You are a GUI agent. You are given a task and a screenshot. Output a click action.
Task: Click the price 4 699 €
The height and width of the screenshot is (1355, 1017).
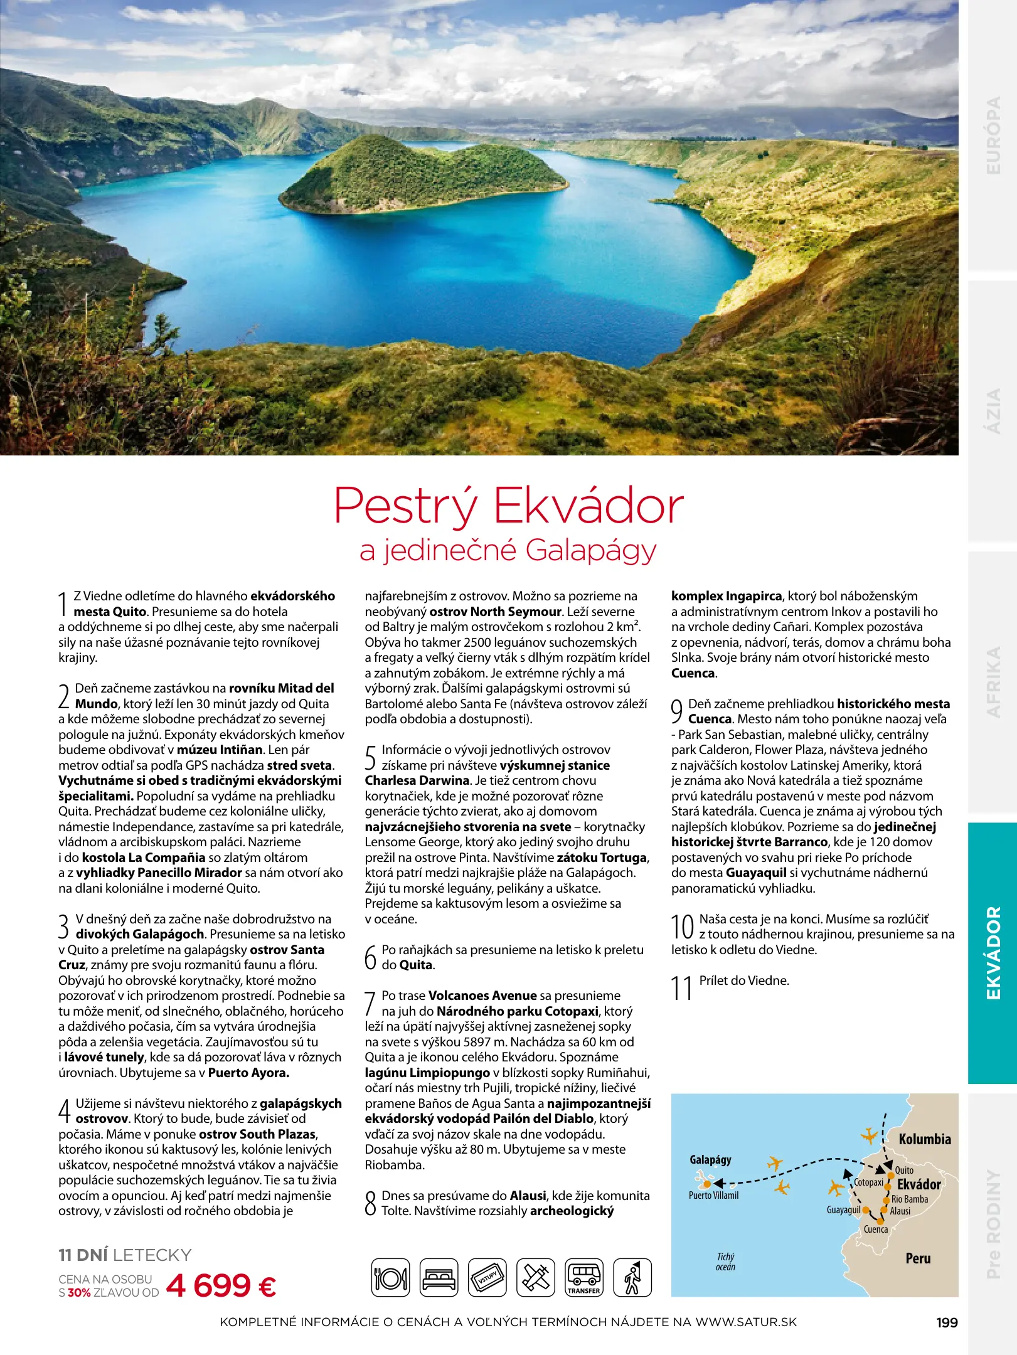click(x=221, y=1285)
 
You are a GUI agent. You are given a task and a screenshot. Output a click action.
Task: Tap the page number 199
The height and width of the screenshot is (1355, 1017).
click(x=947, y=1322)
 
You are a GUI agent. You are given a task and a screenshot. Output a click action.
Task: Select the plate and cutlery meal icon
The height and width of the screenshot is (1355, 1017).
click(x=390, y=1278)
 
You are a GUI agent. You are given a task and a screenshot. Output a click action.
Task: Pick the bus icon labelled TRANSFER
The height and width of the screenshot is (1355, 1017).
click(x=583, y=1278)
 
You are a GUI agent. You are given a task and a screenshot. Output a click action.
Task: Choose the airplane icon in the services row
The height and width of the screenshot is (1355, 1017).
click(x=535, y=1278)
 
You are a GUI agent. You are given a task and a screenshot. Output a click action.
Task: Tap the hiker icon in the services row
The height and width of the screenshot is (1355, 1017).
click(x=632, y=1278)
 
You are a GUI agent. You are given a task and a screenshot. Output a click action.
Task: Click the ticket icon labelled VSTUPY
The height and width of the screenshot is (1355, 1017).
click(x=487, y=1278)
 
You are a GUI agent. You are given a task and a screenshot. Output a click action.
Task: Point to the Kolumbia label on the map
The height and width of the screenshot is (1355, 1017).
click(x=925, y=1139)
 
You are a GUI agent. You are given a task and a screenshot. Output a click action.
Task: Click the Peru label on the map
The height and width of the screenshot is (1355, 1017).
click(x=918, y=1258)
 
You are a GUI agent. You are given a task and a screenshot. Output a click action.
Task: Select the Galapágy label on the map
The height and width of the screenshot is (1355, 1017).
click(x=710, y=1159)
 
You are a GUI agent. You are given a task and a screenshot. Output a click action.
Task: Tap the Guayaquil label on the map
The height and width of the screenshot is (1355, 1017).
click(x=843, y=1209)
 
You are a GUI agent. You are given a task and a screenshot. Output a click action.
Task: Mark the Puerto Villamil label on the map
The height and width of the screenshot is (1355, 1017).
click(x=713, y=1195)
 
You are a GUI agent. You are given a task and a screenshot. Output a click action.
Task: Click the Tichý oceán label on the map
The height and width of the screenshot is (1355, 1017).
click(x=725, y=1262)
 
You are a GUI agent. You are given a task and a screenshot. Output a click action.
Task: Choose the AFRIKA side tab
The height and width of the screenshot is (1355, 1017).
click(x=993, y=682)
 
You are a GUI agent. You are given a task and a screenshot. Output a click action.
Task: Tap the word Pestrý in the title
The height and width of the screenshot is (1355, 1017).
click(x=405, y=506)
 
